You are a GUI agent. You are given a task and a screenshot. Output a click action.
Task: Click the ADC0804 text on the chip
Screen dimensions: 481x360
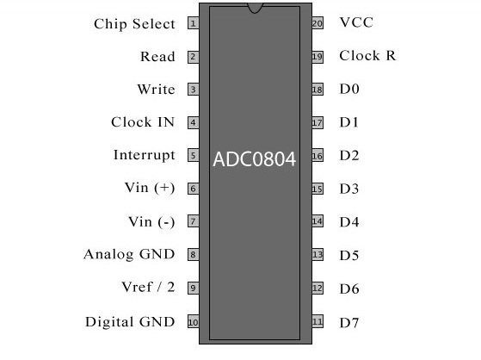click(255, 159)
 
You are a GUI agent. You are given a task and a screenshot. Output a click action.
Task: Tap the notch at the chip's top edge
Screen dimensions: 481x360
click(255, 8)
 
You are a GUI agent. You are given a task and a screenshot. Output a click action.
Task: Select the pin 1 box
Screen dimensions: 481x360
click(194, 23)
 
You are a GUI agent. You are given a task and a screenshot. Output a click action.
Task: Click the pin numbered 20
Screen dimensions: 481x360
click(318, 23)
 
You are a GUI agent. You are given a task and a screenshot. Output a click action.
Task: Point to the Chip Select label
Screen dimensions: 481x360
click(134, 24)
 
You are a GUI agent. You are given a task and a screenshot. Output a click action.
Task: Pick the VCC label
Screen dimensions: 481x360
click(356, 22)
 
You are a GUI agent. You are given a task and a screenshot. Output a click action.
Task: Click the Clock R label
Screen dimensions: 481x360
click(367, 56)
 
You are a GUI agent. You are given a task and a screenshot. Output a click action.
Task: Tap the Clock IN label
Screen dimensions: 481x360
click(143, 122)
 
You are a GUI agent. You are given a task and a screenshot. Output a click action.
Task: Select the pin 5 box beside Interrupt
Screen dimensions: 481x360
click(194, 155)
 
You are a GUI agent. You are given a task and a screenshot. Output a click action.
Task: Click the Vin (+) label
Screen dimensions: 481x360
click(150, 188)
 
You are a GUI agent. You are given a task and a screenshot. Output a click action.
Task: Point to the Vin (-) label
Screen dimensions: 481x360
click(151, 222)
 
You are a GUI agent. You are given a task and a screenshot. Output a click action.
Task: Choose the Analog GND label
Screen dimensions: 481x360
click(129, 254)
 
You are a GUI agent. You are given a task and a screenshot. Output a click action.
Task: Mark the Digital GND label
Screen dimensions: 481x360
click(130, 322)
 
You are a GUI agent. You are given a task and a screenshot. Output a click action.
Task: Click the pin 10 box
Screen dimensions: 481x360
click(194, 321)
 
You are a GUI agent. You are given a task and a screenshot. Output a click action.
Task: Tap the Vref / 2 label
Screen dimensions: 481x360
click(148, 287)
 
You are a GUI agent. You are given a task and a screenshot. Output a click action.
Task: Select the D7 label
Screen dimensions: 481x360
click(349, 323)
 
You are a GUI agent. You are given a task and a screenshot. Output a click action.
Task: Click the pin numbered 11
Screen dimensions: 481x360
click(318, 321)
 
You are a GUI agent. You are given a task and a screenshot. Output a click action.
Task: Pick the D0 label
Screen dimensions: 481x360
click(349, 89)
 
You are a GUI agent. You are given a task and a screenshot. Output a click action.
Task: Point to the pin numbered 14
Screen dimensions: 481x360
click(318, 221)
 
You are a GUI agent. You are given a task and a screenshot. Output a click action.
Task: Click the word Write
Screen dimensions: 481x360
click(156, 89)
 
